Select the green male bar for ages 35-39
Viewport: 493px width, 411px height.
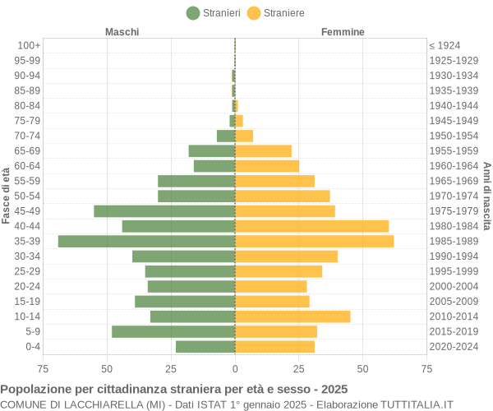146,241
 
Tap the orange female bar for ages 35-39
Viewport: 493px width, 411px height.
314,241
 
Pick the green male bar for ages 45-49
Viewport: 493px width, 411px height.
164,211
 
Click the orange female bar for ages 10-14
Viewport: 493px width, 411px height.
293,316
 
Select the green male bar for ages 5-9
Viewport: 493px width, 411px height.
173,331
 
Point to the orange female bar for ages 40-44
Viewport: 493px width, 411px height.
311,226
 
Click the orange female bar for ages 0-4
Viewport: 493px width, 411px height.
274,347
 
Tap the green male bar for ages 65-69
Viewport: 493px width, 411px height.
212,150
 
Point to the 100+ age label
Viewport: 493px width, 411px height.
29,45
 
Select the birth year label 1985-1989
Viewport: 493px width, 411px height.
454,241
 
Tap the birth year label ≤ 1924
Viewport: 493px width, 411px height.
445,45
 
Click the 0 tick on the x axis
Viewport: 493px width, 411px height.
235,369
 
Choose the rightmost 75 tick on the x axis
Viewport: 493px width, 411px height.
426,369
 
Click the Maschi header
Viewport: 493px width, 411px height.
122,31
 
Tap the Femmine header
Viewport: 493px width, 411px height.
343,31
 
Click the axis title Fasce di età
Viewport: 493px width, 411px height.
7,196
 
